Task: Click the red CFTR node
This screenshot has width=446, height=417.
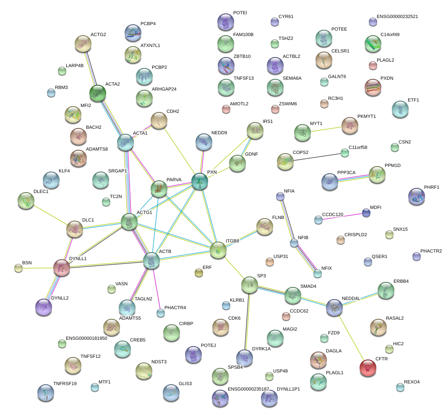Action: [x=368, y=368]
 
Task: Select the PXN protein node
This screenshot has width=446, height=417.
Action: [x=200, y=182]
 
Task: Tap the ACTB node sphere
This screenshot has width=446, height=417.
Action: [x=151, y=261]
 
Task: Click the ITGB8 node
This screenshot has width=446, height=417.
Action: [x=218, y=250]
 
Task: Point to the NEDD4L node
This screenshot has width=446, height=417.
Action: [x=334, y=308]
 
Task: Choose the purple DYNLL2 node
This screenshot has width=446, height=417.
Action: [x=44, y=308]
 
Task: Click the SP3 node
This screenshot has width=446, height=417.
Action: [x=250, y=285]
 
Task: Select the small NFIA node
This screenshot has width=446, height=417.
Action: [x=280, y=196]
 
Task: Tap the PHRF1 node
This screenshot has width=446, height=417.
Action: [x=417, y=196]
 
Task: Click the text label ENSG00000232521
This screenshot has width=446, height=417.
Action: [x=397, y=17]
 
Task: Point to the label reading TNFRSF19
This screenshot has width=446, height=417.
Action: [x=65, y=383]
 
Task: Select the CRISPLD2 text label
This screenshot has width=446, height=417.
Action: [x=355, y=235]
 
